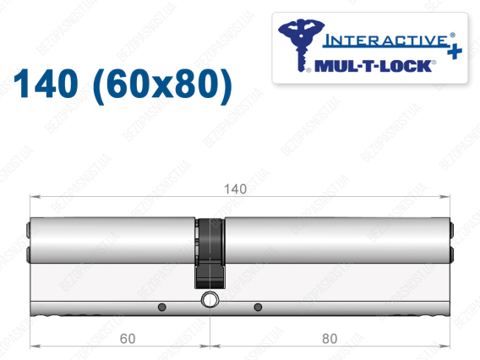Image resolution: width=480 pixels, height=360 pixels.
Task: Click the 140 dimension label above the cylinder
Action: [236, 189]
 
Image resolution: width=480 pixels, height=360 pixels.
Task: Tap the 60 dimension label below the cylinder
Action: [128, 339]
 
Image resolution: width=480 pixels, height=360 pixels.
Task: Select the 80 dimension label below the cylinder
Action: [330, 339]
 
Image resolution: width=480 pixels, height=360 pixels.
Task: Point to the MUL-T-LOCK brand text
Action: [374, 66]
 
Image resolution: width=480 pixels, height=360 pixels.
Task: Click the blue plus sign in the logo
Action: [455, 51]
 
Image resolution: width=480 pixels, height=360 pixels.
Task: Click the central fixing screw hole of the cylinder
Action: [210, 299]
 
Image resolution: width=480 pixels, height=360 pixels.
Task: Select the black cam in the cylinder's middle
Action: [210, 254]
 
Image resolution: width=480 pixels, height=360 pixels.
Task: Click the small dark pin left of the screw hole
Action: [162, 307]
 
